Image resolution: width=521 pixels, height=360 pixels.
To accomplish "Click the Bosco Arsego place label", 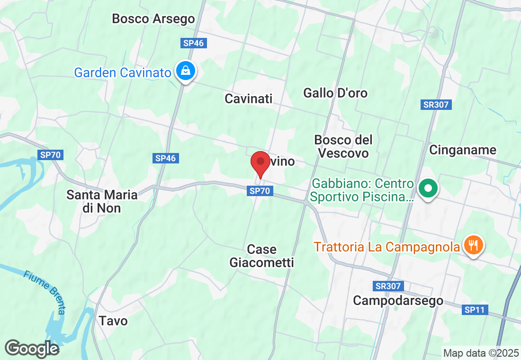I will click(153, 19).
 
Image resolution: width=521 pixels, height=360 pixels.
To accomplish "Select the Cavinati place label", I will click(249, 99).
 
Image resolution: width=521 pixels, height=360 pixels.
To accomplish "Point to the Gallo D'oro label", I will click(335, 93).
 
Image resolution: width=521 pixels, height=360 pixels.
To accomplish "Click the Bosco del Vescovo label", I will click(343, 146).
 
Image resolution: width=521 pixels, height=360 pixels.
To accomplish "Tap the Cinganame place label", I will click(462, 150).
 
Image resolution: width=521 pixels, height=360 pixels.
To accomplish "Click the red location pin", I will click(260, 164).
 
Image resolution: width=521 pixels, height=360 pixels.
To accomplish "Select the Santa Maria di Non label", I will click(102, 201).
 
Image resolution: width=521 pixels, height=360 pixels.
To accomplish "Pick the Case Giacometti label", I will click(261, 256).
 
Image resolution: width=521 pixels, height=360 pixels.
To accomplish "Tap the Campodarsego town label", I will click(398, 301).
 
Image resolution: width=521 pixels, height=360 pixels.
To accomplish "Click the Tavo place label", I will click(113, 321).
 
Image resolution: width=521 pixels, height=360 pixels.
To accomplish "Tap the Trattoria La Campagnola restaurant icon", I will click(473, 245).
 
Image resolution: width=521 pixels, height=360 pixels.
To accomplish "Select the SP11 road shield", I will click(474, 310).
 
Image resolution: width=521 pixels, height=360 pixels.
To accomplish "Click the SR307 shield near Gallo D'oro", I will click(436, 105).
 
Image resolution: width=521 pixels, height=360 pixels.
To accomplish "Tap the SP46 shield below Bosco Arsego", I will click(193, 43).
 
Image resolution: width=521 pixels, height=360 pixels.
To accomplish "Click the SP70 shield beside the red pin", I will click(260, 191).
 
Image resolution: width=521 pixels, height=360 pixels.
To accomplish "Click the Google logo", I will click(32, 349).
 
